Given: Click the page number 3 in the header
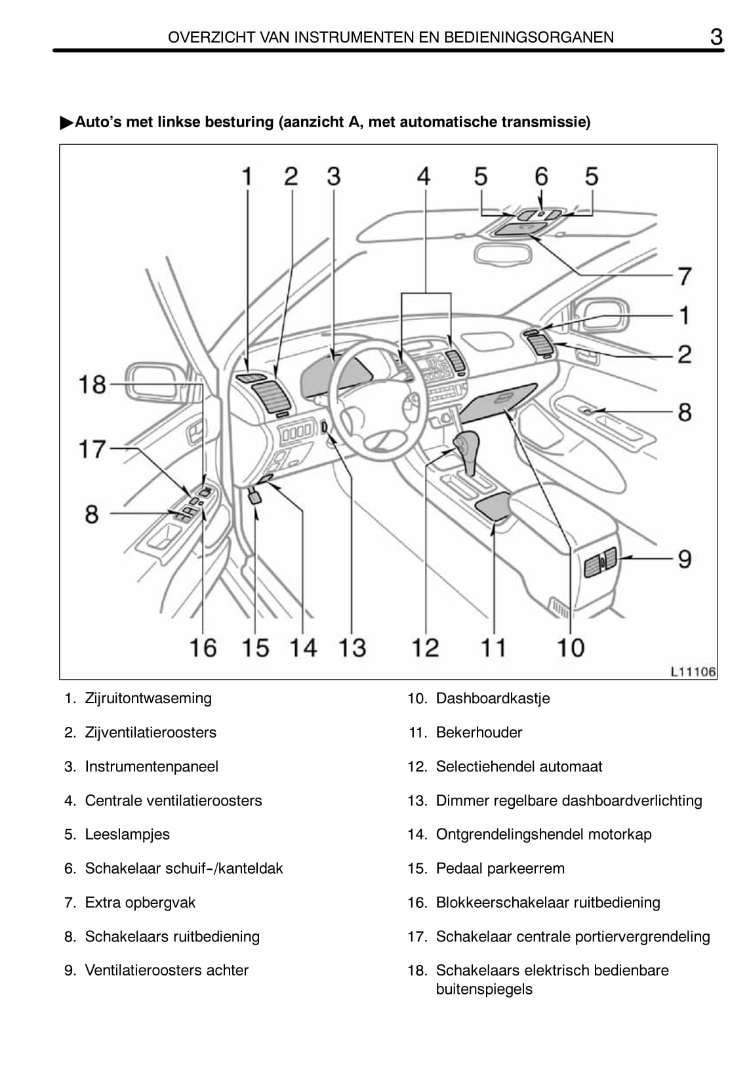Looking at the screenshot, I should pyautogui.click(x=716, y=37).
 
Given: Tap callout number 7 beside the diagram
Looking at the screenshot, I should pyautogui.click(x=685, y=276).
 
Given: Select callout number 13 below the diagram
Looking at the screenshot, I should pyautogui.click(x=352, y=647).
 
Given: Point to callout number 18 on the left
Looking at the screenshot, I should pyautogui.click(x=92, y=384).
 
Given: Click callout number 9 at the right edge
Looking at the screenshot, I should pyautogui.click(x=685, y=559).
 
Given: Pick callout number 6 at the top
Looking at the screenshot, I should pyautogui.click(x=540, y=176).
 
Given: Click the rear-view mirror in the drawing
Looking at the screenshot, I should pyautogui.click(x=502, y=254).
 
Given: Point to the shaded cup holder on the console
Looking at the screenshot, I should pyautogui.click(x=493, y=506).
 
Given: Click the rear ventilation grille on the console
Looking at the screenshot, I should pyautogui.click(x=600, y=562).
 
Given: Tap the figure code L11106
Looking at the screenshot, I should pyautogui.click(x=693, y=672).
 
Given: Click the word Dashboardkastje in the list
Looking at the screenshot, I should pyautogui.click(x=493, y=698).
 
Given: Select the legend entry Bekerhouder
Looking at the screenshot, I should pyautogui.click(x=479, y=732).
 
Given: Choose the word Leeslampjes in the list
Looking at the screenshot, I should pyautogui.click(x=127, y=834).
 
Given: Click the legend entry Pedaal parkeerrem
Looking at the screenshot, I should pyautogui.click(x=500, y=869).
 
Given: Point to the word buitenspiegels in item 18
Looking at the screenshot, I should pyautogui.click(x=484, y=989).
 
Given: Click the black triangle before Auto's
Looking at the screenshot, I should pyautogui.click(x=66, y=123).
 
